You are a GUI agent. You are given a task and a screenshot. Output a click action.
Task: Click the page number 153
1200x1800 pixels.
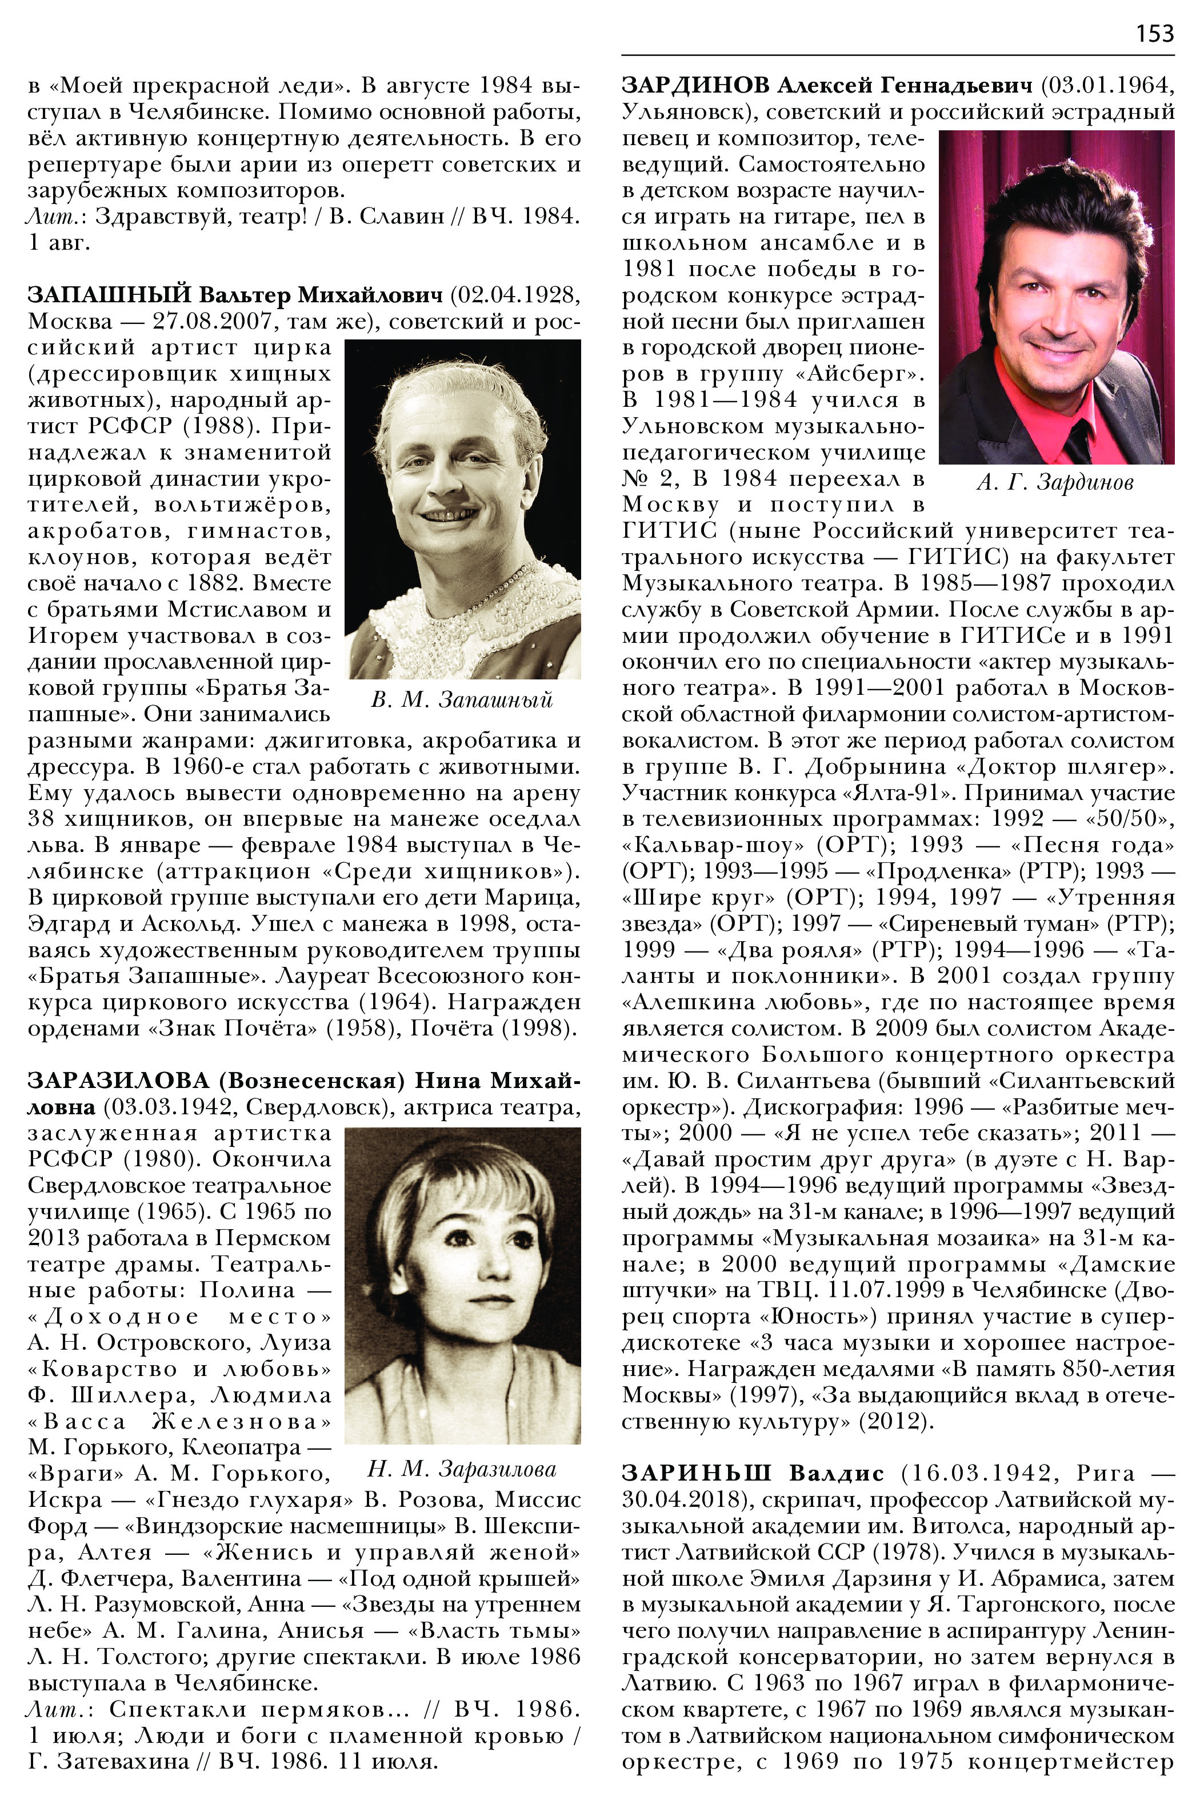pyautogui.click(x=1154, y=33)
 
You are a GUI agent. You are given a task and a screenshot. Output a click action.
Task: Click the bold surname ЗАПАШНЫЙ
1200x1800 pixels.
pyautogui.click(x=108, y=295)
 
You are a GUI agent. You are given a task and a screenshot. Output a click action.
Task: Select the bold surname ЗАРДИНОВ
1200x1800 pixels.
pyautogui.click(x=695, y=85)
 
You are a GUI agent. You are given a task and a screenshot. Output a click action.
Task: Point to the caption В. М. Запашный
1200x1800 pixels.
pyautogui.click(x=462, y=699)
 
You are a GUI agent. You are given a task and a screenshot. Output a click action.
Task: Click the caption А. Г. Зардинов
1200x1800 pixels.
pyautogui.click(x=1055, y=482)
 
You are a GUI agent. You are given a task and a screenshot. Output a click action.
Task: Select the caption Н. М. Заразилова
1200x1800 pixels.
pyautogui.click(x=462, y=1469)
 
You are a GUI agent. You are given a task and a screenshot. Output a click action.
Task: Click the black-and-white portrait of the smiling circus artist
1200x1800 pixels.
pyautogui.click(x=462, y=509)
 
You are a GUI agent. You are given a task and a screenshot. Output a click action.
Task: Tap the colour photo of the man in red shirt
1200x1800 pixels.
pyautogui.click(x=1056, y=297)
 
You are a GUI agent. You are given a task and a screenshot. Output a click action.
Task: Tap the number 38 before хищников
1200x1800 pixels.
pyautogui.click(x=41, y=818)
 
